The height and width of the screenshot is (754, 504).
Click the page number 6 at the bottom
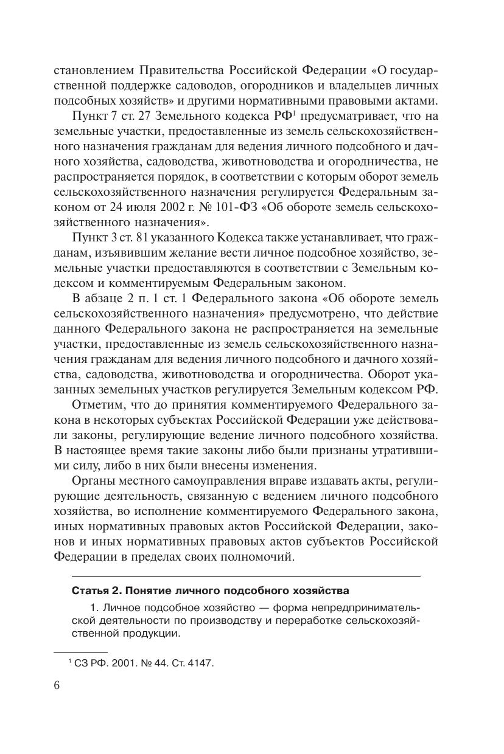point(57,686)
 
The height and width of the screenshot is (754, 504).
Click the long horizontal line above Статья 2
point(246,576)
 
